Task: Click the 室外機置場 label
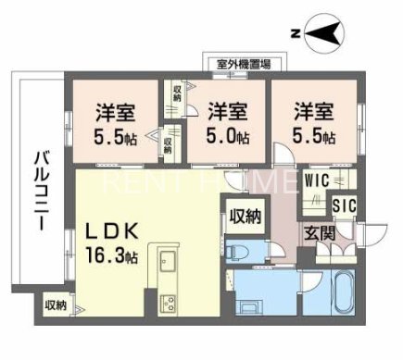pyautogui.click(x=244, y=64)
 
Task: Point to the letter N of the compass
pyautogui.click(x=294, y=34)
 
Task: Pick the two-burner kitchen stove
pyautogui.click(x=170, y=304)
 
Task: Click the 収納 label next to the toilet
pyautogui.click(x=245, y=216)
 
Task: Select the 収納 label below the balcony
pyautogui.click(x=57, y=304)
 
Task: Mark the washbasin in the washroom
pyautogui.click(x=251, y=305)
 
